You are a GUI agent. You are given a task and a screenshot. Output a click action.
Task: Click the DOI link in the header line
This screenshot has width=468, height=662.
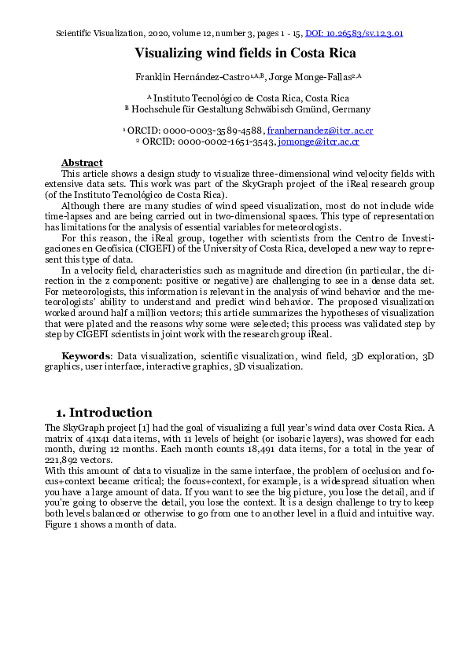[354, 35]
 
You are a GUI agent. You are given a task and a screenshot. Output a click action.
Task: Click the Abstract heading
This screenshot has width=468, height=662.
[82, 162]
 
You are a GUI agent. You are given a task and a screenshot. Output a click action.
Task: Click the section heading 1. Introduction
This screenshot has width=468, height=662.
[104, 413]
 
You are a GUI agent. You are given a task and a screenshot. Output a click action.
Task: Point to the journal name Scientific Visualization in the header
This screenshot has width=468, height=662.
[101, 35]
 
